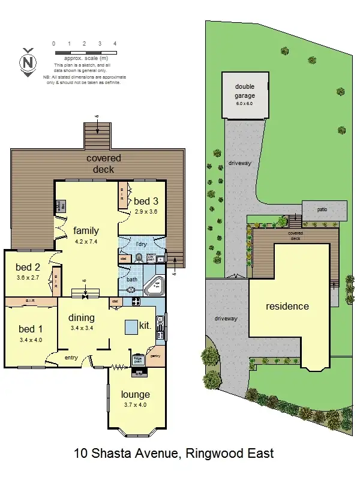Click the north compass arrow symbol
point(26,62)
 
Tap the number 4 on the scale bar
point(115,44)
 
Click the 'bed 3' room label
point(146,201)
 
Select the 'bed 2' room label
point(28,267)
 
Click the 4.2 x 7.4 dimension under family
point(86,242)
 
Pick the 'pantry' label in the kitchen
point(155,356)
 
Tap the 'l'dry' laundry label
point(141,244)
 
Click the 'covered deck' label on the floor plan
point(104,163)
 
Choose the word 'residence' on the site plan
point(287,306)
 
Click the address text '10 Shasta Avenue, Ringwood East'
point(173,453)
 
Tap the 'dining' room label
point(81,317)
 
